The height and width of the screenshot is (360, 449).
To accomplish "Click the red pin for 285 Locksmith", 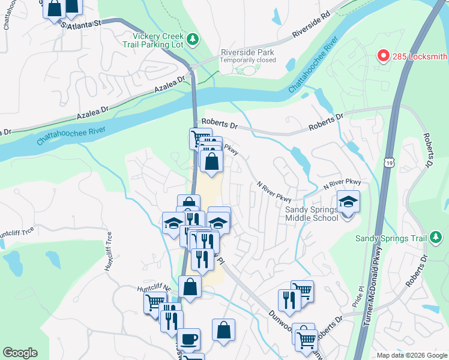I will (383, 56).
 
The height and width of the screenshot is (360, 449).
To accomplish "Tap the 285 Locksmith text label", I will (420, 57).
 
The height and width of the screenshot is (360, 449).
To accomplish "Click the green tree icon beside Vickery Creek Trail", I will (193, 40).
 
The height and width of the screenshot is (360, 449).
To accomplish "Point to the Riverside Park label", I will (247, 52).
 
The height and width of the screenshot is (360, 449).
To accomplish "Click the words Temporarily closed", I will (247, 60).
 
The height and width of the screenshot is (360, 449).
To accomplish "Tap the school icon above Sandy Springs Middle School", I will (348, 201).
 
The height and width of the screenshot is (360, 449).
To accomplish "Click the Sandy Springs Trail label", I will (390, 238).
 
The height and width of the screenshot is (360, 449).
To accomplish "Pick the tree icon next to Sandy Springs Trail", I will (435, 238).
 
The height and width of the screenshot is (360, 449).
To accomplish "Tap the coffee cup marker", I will (189, 339).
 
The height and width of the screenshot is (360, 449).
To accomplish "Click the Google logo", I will (20, 352).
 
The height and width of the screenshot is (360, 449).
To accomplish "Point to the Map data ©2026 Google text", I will (411, 355).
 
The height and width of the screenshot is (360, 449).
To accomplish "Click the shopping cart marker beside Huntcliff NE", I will (155, 303).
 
